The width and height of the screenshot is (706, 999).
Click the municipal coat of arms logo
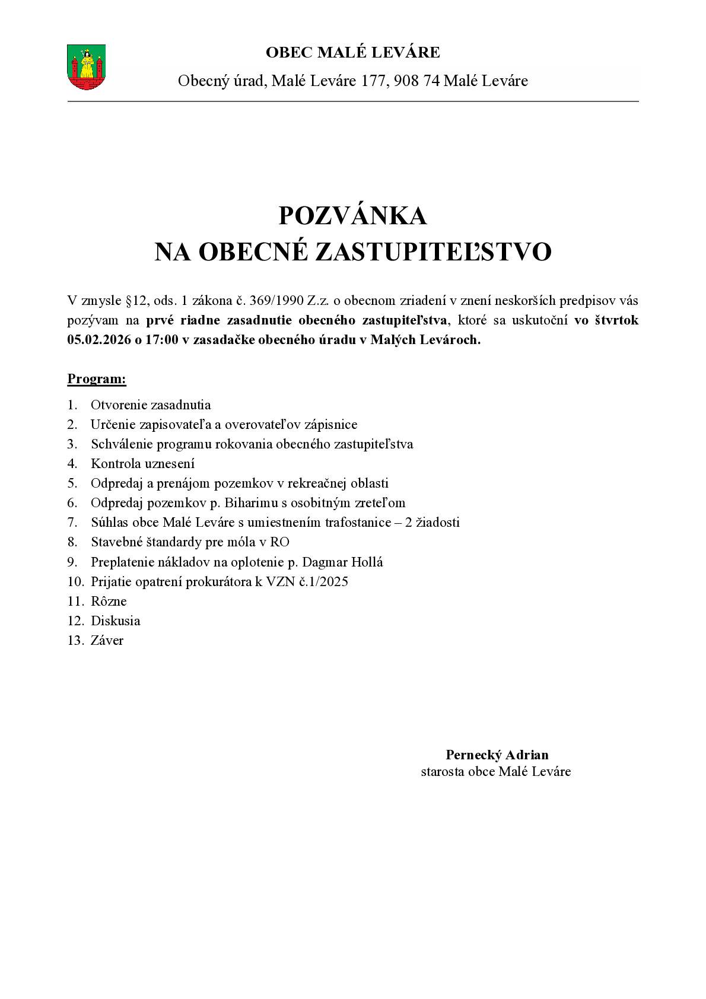(87, 66)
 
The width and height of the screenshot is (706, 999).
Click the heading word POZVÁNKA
(352, 216)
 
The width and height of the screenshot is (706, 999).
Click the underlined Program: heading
(97, 379)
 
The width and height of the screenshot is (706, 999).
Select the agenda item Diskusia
(115, 621)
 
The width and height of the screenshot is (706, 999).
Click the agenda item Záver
(107, 641)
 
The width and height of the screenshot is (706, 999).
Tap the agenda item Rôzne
(109, 602)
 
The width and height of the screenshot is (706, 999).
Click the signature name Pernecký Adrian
(497, 755)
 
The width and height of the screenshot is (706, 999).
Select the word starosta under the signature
(443, 771)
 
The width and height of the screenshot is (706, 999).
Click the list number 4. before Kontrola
(72, 464)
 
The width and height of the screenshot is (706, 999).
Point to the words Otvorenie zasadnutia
(151, 405)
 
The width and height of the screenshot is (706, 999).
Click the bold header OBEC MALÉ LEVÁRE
(352, 53)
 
